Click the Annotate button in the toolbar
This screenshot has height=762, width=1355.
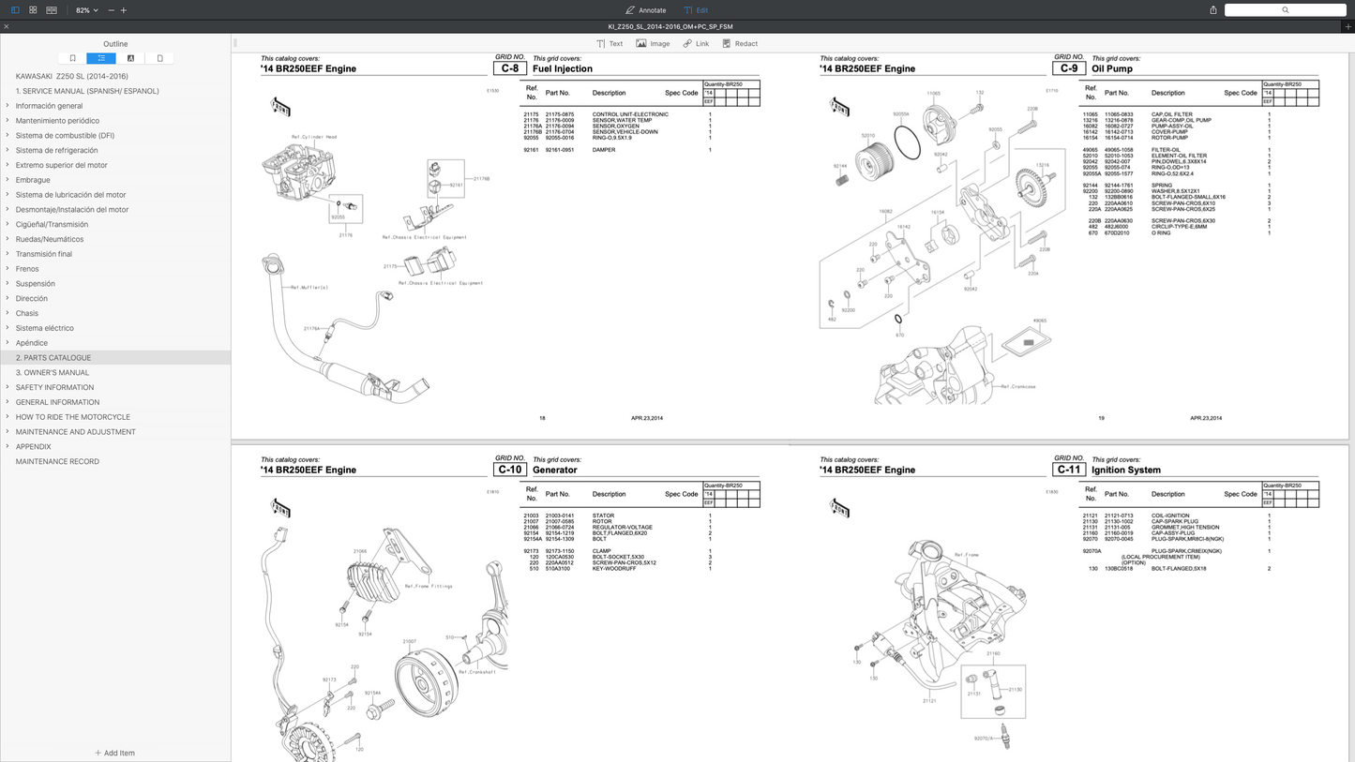click(x=645, y=10)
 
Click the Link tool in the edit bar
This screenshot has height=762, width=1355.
click(x=696, y=44)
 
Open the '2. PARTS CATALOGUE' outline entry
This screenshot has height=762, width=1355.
click(x=53, y=358)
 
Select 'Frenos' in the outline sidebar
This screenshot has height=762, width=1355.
click(x=27, y=269)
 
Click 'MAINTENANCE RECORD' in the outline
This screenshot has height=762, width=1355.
click(x=57, y=461)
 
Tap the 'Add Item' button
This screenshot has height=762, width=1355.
click(x=114, y=753)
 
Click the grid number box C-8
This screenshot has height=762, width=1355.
click(x=510, y=68)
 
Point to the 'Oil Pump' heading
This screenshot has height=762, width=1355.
click(x=1111, y=68)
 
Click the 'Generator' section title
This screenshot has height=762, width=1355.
click(x=554, y=470)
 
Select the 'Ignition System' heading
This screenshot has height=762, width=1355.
click(x=1125, y=470)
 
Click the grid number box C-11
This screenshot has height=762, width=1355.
click(x=1069, y=470)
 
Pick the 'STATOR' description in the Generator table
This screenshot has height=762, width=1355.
click(x=603, y=515)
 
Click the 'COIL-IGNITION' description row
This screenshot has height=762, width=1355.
click(x=1169, y=515)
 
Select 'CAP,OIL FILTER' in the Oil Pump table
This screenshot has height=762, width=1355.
click(x=1171, y=114)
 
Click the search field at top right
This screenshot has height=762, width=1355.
click(x=1285, y=10)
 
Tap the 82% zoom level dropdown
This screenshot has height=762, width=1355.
click(x=86, y=10)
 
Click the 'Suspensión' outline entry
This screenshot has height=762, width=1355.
click(x=35, y=284)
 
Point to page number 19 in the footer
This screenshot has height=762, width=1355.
click(x=1101, y=418)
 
